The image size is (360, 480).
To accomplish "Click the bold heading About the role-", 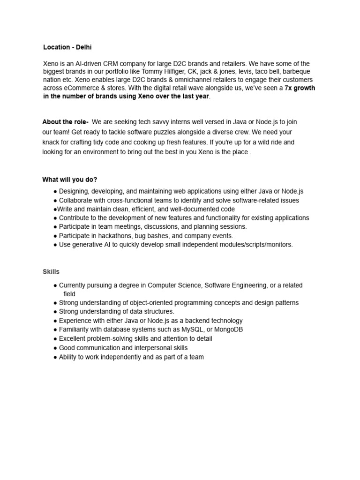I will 66,122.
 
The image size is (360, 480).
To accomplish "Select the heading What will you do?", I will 70,180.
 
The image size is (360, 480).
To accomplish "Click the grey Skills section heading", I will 51,272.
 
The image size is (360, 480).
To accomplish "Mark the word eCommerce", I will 82,88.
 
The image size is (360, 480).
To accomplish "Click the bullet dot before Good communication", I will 55,348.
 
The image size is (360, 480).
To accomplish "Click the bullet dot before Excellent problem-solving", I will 55,338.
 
